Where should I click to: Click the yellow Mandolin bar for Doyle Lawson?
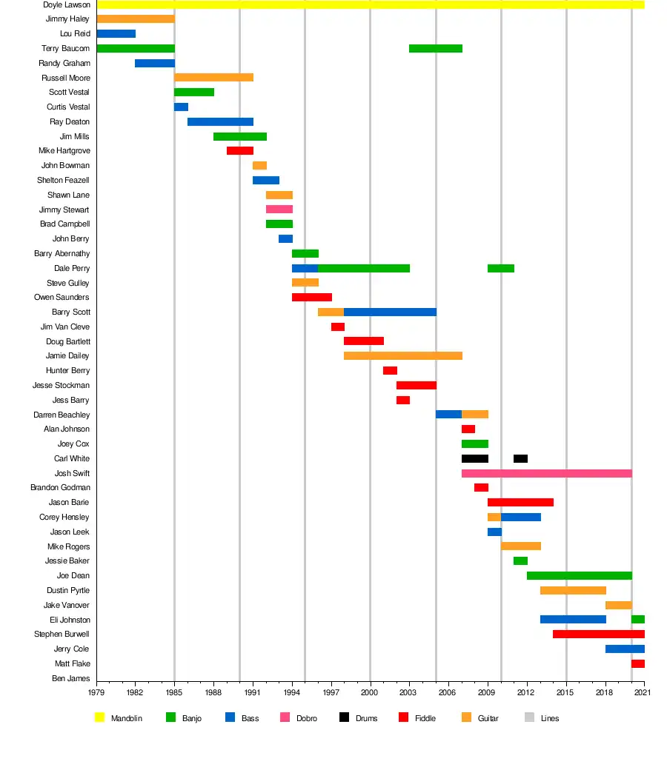click(x=371, y=4)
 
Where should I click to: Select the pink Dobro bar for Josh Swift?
click(x=546, y=473)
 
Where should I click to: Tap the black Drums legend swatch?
click(x=344, y=717)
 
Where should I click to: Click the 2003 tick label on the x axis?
click(x=409, y=692)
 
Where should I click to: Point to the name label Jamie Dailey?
click(x=67, y=356)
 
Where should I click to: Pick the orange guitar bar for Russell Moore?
click(x=213, y=78)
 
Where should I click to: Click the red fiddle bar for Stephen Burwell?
click(x=598, y=635)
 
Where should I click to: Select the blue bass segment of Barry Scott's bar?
click(x=390, y=312)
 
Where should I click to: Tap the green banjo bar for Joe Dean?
click(x=579, y=575)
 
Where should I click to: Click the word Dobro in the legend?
click(x=306, y=718)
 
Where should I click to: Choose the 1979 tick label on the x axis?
click(x=96, y=692)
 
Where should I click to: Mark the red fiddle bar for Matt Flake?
click(x=637, y=663)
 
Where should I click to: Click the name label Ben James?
click(x=72, y=678)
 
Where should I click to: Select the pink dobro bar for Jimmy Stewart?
click(x=279, y=210)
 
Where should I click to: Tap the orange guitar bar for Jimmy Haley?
click(x=135, y=19)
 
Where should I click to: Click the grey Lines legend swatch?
click(x=528, y=717)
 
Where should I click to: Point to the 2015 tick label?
click(x=566, y=692)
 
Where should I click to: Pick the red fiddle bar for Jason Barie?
click(x=520, y=502)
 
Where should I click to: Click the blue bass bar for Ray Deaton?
click(x=220, y=121)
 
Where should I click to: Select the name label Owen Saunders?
click(x=62, y=298)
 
